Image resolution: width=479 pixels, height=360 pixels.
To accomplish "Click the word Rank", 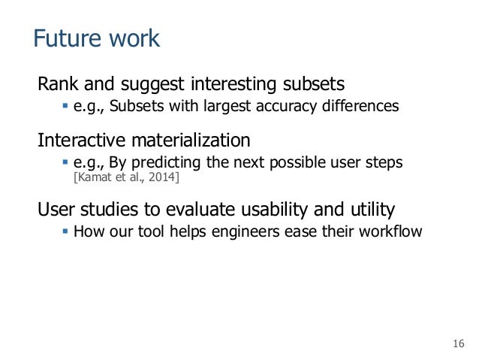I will pos(58,82).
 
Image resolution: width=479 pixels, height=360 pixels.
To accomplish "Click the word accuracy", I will pos(288,106).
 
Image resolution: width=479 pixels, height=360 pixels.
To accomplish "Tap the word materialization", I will pos(194,141).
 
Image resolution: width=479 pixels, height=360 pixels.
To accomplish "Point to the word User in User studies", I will pos(56,208).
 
